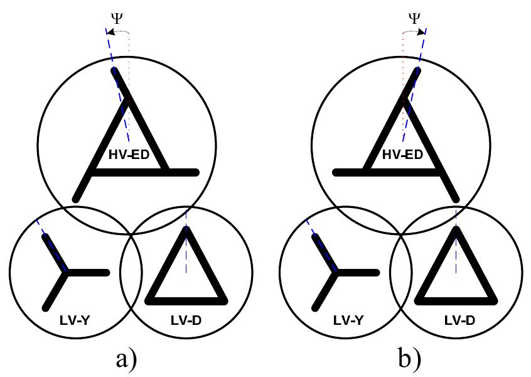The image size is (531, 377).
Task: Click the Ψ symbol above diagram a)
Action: pyautogui.click(x=117, y=17)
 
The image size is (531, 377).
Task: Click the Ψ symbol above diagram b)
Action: pyautogui.click(x=414, y=17)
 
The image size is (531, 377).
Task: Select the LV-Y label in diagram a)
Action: pyautogui.click(x=68, y=321)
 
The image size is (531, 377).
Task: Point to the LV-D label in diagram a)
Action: pyautogui.click(x=186, y=321)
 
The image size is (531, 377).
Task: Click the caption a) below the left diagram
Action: pyautogui.click(x=126, y=359)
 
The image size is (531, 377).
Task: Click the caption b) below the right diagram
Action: pyautogui.click(x=409, y=359)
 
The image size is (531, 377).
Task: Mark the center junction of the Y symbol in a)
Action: pyautogui.click(x=67, y=273)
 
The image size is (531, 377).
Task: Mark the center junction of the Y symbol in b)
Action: pyautogui.click(x=337, y=273)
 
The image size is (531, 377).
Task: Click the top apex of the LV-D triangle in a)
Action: pyautogui.click(x=186, y=229)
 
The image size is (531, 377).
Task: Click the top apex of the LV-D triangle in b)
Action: pyautogui.click(x=456, y=229)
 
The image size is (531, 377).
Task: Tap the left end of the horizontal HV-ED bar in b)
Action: pyautogui.click(x=335, y=172)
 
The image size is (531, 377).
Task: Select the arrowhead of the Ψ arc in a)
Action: pyautogui.click(x=108, y=31)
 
